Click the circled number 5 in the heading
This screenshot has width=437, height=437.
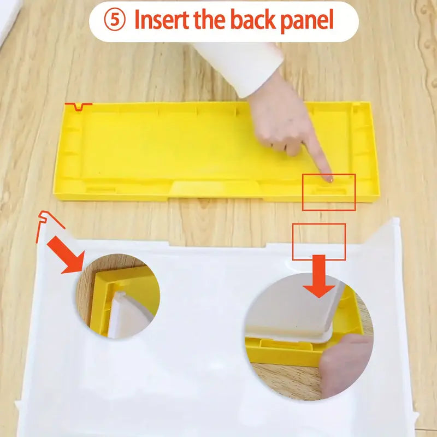tap(115, 20)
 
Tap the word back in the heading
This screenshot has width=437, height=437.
tap(253, 19)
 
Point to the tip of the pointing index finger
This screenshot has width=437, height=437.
tap(330, 180)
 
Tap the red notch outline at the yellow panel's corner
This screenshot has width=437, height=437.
tap(78, 107)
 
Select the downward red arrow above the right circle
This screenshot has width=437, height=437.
tap(319, 276)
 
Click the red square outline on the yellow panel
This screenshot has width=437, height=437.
tap(329, 192)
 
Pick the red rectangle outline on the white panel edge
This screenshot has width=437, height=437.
tap(319, 242)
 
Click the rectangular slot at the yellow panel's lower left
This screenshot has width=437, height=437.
tap(101, 190)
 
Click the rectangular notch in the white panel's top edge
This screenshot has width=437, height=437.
tap(217, 245)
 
